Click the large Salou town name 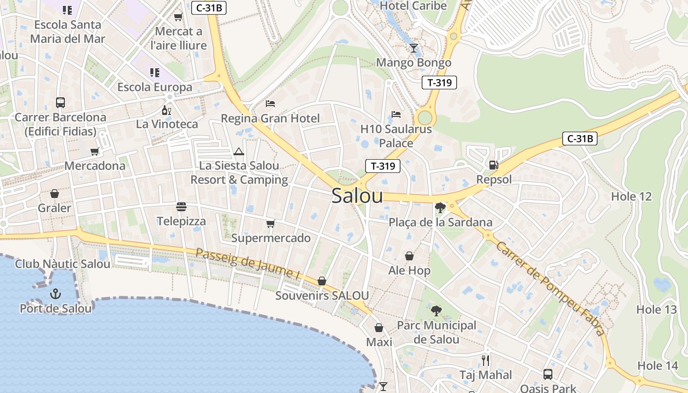pyautogui.click(x=357, y=196)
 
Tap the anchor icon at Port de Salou pyautogui.click(x=56, y=294)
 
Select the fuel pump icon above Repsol pyautogui.click(x=494, y=165)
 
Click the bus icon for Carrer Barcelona pyautogui.click(x=60, y=103)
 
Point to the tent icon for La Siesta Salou pyautogui.click(x=239, y=151)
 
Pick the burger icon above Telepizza pyautogui.click(x=181, y=207)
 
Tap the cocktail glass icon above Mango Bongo pyautogui.click(x=414, y=48)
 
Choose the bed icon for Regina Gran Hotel pyautogui.click(x=270, y=104)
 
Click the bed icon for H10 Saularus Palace pyautogui.click(x=396, y=114)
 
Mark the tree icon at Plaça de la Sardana pyautogui.click(x=440, y=208)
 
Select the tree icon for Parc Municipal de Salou pyautogui.click(x=436, y=310)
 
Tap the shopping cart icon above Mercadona pyautogui.click(x=95, y=151)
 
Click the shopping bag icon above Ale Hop pyautogui.click(x=409, y=256)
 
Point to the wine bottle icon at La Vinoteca pyautogui.click(x=167, y=110)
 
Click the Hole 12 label pyautogui.click(x=631, y=196)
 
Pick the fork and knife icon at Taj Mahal pyautogui.click(x=486, y=361)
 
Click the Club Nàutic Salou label pyautogui.click(x=62, y=264)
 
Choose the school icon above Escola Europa pyautogui.click(x=155, y=73)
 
